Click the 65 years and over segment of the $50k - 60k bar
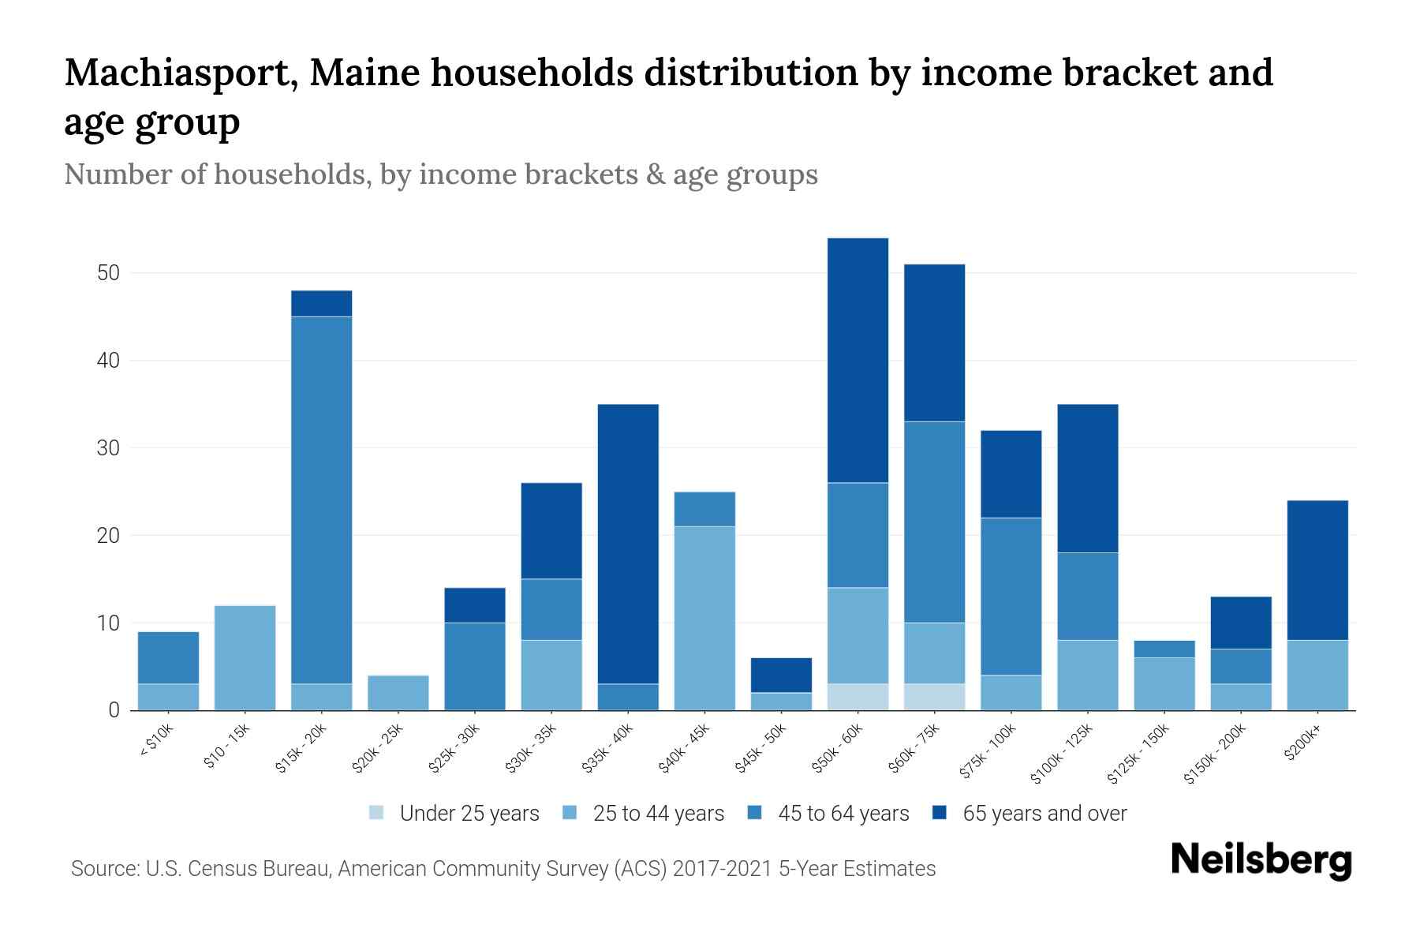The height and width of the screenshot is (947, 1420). pyautogui.click(x=858, y=360)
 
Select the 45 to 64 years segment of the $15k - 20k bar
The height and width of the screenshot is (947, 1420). pyautogui.click(x=321, y=500)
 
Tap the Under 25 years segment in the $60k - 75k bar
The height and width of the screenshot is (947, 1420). pyautogui.click(x=934, y=697)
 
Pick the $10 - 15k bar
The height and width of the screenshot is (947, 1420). pyautogui.click(x=245, y=657)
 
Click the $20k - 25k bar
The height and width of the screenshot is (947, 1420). pyautogui.click(x=398, y=692)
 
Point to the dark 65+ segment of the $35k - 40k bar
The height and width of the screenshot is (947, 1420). pyautogui.click(x=628, y=543)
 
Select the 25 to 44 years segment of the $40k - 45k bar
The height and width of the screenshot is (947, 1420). pyautogui.click(x=704, y=618)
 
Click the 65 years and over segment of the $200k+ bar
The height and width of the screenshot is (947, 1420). pyautogui.click(x=1317, y=570)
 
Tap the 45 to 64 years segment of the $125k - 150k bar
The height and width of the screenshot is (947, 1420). pyautogui.click(x=1164, y=649)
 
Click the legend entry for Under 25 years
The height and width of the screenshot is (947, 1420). pyautogui.click(x=454, y=814)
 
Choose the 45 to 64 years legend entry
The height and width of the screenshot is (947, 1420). pyautogui.click(x=828, y=814)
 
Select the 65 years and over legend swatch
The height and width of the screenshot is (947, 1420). pyautogui.click(x=940, y=813)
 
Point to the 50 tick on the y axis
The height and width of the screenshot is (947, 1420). pyautogui.click(x=108, y=274)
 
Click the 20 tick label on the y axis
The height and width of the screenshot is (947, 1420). pyautogui.click(x=108, y=536)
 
